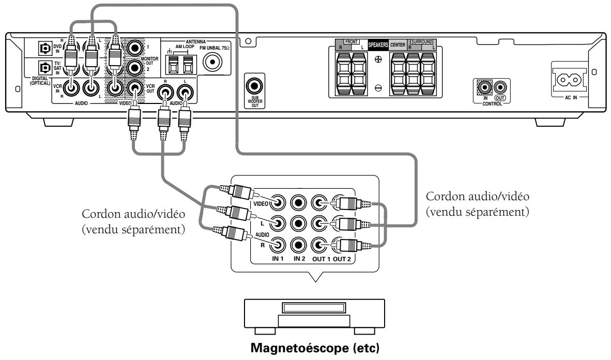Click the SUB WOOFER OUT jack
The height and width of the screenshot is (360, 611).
click(x=254, y=86)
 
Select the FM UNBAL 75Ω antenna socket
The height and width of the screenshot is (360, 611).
click(x=213, y=62)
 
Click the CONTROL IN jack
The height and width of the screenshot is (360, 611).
click(x=485, y=87)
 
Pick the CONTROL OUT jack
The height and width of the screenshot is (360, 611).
click(x=500, y=87)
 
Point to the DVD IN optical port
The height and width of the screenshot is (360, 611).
click(x=45, y=49)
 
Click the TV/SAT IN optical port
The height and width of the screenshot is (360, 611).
click(x=45, y=68)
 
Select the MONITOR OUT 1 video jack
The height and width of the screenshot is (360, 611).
click(x=135, y=49)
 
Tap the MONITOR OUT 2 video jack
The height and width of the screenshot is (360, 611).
click(x=135, y=68)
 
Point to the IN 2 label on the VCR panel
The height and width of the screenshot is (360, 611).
click(x=299, y=259)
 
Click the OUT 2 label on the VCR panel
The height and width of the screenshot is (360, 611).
click(x=342, y=259)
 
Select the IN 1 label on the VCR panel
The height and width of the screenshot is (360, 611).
click(x=278, y=259)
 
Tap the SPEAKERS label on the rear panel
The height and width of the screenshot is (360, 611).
click(x=378, y=45)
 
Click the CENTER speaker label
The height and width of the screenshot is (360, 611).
click(x=398, y=45)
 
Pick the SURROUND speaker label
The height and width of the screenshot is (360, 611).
click(x=422, y=42)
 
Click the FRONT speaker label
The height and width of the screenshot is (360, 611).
click(x=351, y=42)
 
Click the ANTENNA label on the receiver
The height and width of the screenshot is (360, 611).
click(x=195, y=42)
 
